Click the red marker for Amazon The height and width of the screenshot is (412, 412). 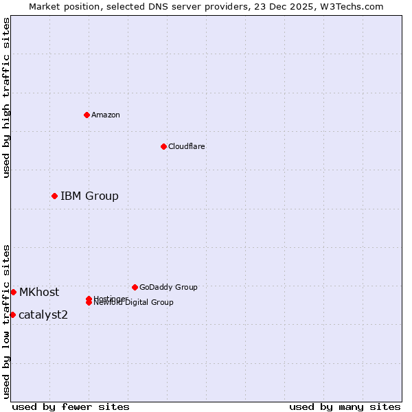87,115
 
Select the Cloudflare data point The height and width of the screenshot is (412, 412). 163,146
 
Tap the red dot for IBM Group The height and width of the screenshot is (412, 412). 54,196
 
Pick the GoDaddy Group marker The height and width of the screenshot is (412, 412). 135,287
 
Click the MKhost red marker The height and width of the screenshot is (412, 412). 13,292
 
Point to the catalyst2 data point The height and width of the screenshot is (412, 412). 12,314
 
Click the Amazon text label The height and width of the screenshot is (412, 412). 106,115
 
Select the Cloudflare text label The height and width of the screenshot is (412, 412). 186,146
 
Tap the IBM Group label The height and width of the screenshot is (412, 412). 89,196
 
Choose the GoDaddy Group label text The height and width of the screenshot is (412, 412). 168,287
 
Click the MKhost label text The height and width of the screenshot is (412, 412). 39,293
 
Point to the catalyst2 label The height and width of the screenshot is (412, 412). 43,315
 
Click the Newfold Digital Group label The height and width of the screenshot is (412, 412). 134,303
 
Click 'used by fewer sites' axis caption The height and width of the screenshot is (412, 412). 71,407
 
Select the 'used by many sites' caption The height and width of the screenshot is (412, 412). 345,407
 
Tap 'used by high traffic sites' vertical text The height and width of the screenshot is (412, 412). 6,98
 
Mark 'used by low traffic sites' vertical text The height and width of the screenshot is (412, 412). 6,321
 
